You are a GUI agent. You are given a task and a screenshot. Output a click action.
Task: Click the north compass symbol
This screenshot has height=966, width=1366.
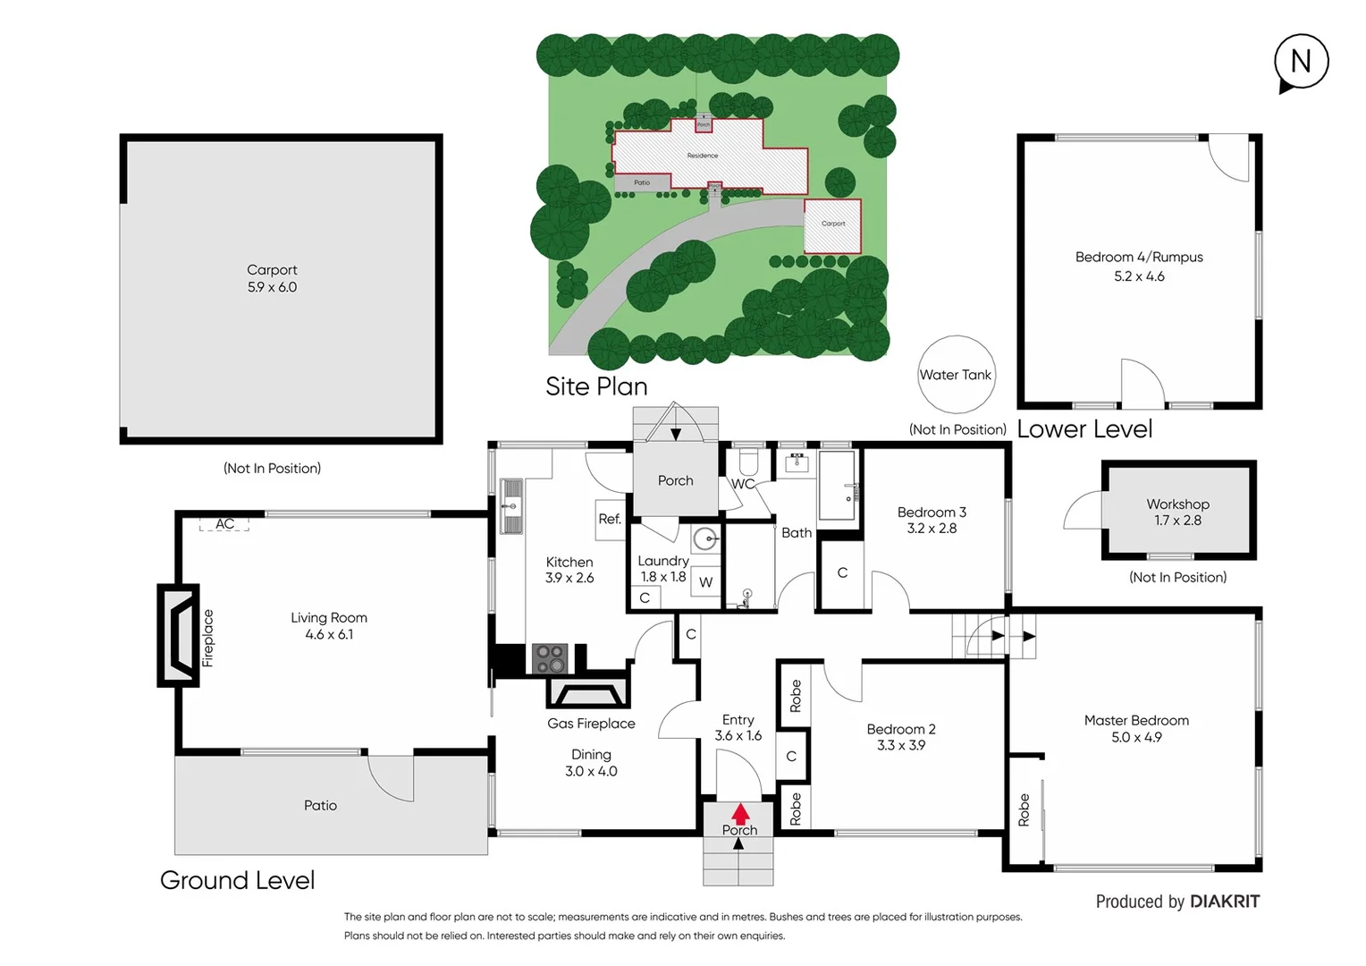[1301, 62]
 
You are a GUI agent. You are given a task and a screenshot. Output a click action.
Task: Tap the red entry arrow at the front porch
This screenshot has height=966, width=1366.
[740, 814]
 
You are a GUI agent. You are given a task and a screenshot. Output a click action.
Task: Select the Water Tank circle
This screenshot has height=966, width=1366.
[956, 375]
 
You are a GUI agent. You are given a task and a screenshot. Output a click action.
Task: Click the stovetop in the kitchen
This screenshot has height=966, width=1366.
[550, 658]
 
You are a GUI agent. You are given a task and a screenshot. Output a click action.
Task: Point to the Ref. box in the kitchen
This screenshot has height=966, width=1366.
[610, 519]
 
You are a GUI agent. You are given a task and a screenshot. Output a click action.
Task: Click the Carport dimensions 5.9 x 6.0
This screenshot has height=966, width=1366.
[272, 287]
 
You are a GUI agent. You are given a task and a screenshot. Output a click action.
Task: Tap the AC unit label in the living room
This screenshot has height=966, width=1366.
[224, 524]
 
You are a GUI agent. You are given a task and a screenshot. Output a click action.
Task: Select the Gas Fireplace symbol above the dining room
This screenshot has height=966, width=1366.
[587, 693]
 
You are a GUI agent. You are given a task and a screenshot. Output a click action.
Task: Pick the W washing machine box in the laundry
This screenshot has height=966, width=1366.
[705, 582]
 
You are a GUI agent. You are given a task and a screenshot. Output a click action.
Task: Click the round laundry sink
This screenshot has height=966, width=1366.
[706, 538]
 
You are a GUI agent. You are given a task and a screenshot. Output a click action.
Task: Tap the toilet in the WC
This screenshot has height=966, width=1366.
[748, 462]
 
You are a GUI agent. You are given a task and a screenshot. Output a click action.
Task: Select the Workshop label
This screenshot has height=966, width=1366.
[1177, 504]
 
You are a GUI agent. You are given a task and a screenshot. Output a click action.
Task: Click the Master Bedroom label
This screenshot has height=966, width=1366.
[1136, 720]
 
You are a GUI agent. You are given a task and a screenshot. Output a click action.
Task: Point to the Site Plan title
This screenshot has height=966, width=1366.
[596, 386]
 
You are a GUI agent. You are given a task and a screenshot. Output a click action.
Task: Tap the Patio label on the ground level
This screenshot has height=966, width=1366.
[320, 806]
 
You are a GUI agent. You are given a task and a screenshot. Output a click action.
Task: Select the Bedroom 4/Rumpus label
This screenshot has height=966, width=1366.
[1139, 258]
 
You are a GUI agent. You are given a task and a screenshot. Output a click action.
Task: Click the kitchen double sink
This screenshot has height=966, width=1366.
[511, 506]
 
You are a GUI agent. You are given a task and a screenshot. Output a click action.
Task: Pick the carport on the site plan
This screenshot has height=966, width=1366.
[832, 226]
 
